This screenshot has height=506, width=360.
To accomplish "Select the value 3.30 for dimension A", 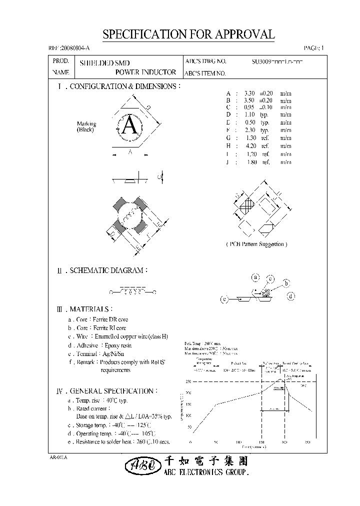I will coord(249,93).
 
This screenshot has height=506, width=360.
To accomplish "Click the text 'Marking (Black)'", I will coord(86,127).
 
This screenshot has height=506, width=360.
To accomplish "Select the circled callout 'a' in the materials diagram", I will coord(254,276).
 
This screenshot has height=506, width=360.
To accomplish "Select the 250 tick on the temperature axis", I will coord(188,381).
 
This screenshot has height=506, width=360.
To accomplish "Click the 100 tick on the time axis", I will coord(238,442).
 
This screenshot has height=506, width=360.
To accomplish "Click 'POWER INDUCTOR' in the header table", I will coord(145,72).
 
